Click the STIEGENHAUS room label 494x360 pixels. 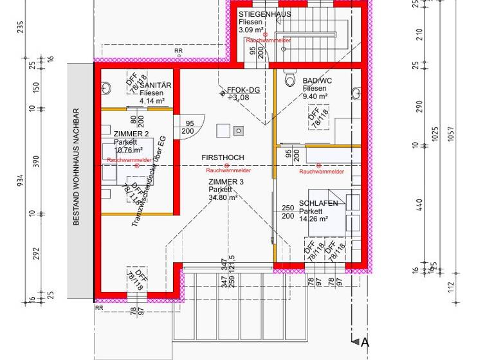[264, 14]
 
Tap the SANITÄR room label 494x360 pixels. [156, 85]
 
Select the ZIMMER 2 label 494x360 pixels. [131, 134]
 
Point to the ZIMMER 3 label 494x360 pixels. [226, 183]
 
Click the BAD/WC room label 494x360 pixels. [316, 81]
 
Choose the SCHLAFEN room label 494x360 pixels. [318, 203]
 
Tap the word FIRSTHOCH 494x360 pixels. [223, 157]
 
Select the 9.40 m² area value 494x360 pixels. [315, 96]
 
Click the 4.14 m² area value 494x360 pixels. [152, 101]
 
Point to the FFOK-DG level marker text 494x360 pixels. [243, 90]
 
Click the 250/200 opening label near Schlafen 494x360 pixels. [288, 212]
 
